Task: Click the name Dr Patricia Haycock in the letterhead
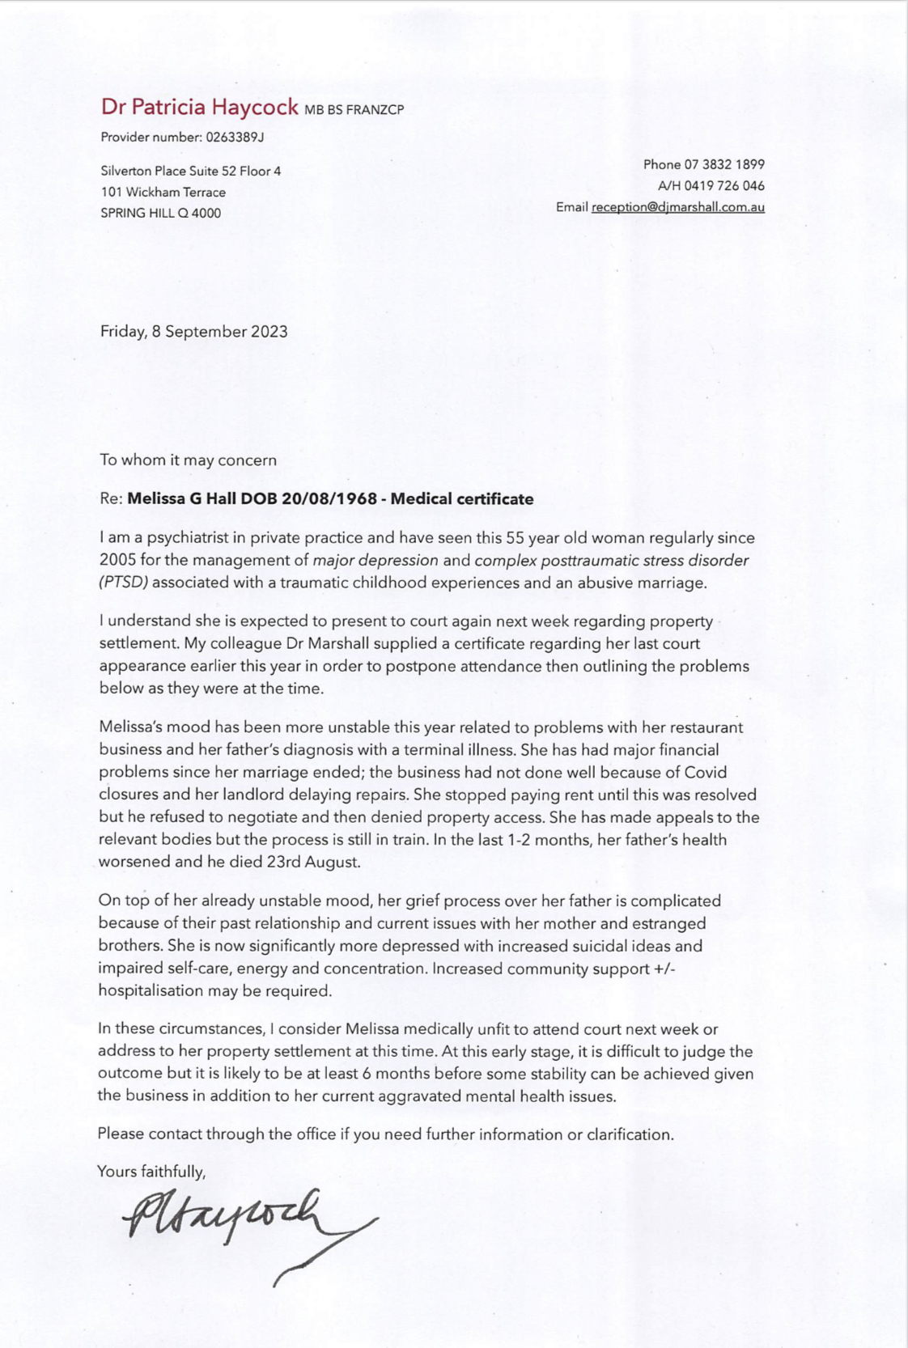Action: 199,107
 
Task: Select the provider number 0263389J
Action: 235,137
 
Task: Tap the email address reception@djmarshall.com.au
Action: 677,207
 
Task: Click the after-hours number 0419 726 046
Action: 724,185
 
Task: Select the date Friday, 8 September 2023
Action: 193,332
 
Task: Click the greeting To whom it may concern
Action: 188,460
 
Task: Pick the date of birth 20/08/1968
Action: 329,499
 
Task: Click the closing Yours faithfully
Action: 151,1171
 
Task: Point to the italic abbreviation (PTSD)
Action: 124,583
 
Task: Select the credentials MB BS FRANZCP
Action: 354,110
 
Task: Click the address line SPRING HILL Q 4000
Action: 160,214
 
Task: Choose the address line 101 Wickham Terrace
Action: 163,193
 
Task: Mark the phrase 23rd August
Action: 312,863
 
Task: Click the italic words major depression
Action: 376,560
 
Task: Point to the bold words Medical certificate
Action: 462,499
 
